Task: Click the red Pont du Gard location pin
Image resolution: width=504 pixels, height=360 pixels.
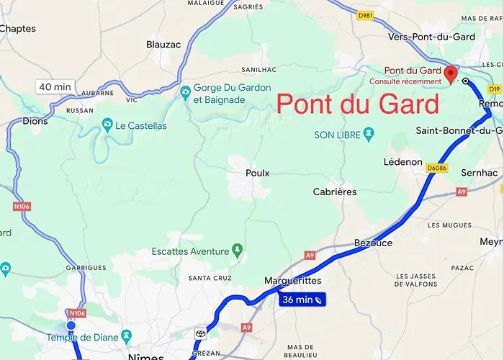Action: tap(451, 73)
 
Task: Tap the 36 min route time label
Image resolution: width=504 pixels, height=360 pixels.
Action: tap(302, 299)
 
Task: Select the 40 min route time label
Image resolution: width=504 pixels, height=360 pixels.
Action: tap(55, 87)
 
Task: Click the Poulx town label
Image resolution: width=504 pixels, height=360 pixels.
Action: tap(257, 173)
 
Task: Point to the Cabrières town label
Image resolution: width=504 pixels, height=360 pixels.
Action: tap(335, 192)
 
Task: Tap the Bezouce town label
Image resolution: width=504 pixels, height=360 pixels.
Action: tap(374, 243)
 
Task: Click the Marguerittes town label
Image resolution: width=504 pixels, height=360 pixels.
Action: tap(292, 281)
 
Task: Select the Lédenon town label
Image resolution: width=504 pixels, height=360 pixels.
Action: tap(403, 162)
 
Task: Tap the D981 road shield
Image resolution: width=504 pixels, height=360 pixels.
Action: tap(366, 16)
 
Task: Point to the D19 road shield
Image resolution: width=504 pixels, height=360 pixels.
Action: tap(494, 89)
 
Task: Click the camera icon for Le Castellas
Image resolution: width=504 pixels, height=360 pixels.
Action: tap(108, 126)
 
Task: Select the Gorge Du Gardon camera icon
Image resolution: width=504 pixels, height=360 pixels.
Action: tap(186, 91)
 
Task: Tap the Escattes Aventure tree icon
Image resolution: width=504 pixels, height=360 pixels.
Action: tap(238, 251)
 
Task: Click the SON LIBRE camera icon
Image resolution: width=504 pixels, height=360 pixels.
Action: tap(369, 134)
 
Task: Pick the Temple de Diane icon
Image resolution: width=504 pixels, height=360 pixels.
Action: tap(127, 336)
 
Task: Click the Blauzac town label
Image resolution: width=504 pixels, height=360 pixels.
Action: tap(163, 44)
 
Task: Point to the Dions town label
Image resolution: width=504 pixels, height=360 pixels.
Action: tap(35, 121)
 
